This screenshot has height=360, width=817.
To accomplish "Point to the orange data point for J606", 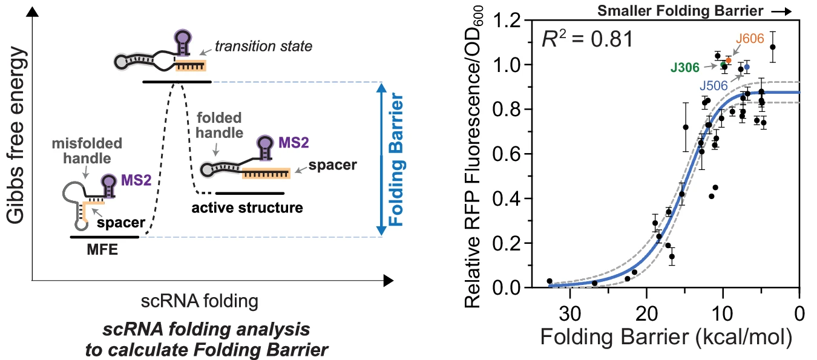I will (x=729, y=61).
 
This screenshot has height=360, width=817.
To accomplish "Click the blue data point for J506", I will (x=747, y=67).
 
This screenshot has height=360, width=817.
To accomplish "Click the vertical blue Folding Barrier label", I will (x=396, y=159).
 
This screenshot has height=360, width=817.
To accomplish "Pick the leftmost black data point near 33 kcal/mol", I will (x=550, y=281).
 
